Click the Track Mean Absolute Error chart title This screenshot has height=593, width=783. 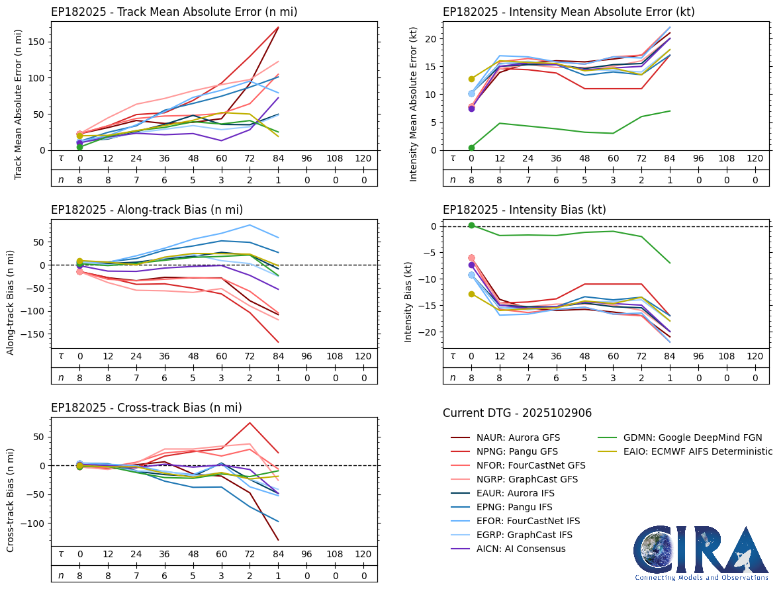point(174,12)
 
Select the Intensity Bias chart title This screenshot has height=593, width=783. point(524,210)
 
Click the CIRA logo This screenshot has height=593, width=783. point(701,553)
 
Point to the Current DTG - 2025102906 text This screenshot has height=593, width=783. point(517,413)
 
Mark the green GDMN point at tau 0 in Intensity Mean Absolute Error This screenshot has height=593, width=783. point(471,148)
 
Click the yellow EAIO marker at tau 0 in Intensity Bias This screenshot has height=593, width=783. point(471,294)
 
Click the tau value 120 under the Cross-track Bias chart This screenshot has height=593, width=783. point(363,554)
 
